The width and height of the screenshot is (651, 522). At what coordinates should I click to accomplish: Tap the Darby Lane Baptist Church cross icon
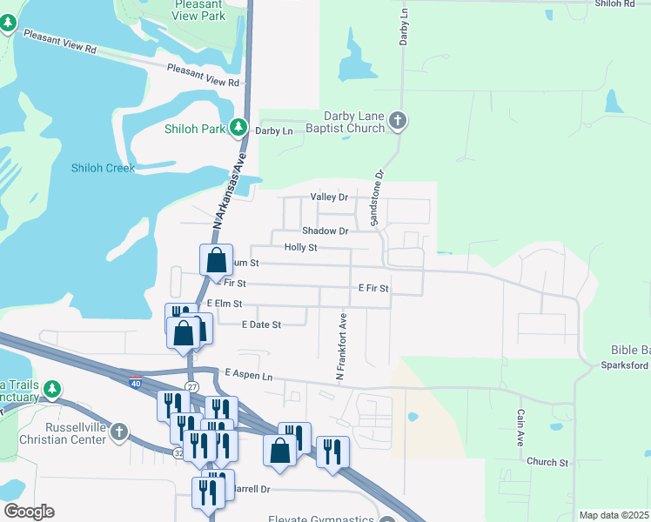pos(398,121)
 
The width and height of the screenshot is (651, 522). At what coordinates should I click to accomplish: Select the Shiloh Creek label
pos(103,168)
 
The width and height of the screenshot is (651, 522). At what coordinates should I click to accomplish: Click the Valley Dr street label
pos(329,197)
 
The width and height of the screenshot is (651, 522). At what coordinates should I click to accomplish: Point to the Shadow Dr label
pos(325,231)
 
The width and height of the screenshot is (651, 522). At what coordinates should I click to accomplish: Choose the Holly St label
pos(301,247)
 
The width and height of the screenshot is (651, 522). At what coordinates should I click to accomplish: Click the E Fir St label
pos(372,287)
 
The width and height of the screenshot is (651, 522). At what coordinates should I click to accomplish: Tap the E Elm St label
pos(225,304)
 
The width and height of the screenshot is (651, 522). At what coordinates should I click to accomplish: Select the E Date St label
pos(261,325)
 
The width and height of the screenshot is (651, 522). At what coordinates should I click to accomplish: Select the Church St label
pos(547,462)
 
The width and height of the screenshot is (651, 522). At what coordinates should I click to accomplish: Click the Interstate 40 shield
pos(136,382)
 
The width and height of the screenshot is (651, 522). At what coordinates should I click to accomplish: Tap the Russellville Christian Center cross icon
pos(119,432)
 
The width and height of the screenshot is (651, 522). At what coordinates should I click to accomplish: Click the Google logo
pos(29,512)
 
